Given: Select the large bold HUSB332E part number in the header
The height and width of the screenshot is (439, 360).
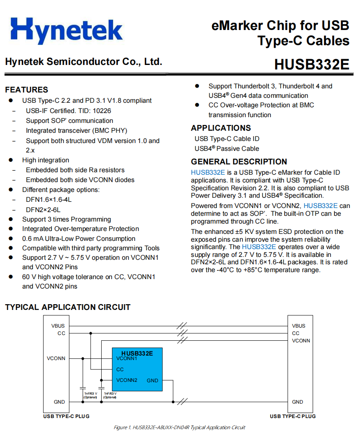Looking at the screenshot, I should coord(311,65).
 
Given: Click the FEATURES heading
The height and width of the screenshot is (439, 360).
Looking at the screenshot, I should coord(26,90).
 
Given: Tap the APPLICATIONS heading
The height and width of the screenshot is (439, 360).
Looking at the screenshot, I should coord(221,128).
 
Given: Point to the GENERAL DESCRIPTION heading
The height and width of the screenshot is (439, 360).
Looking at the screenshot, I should coord(239,162).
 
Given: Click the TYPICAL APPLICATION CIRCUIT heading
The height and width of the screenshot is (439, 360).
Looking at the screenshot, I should coord(67,307).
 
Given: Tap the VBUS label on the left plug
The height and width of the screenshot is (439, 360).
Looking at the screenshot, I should coord(58,326).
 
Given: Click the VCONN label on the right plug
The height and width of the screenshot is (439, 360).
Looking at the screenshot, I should coord(301,340).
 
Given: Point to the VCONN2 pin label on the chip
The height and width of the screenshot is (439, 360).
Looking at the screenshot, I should coord(127,380).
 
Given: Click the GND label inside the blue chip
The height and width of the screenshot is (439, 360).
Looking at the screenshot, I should coord(152,381).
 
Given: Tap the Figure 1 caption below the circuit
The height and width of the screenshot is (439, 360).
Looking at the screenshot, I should coord(179,427).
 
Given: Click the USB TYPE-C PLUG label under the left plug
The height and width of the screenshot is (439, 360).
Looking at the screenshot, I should coord(66,416).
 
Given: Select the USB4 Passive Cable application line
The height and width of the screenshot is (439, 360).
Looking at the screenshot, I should coord(227,148).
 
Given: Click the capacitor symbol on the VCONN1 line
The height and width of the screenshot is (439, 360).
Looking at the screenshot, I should coord(83,387).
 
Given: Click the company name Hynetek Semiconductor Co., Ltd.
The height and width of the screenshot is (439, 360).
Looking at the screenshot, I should coord(84,62).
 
